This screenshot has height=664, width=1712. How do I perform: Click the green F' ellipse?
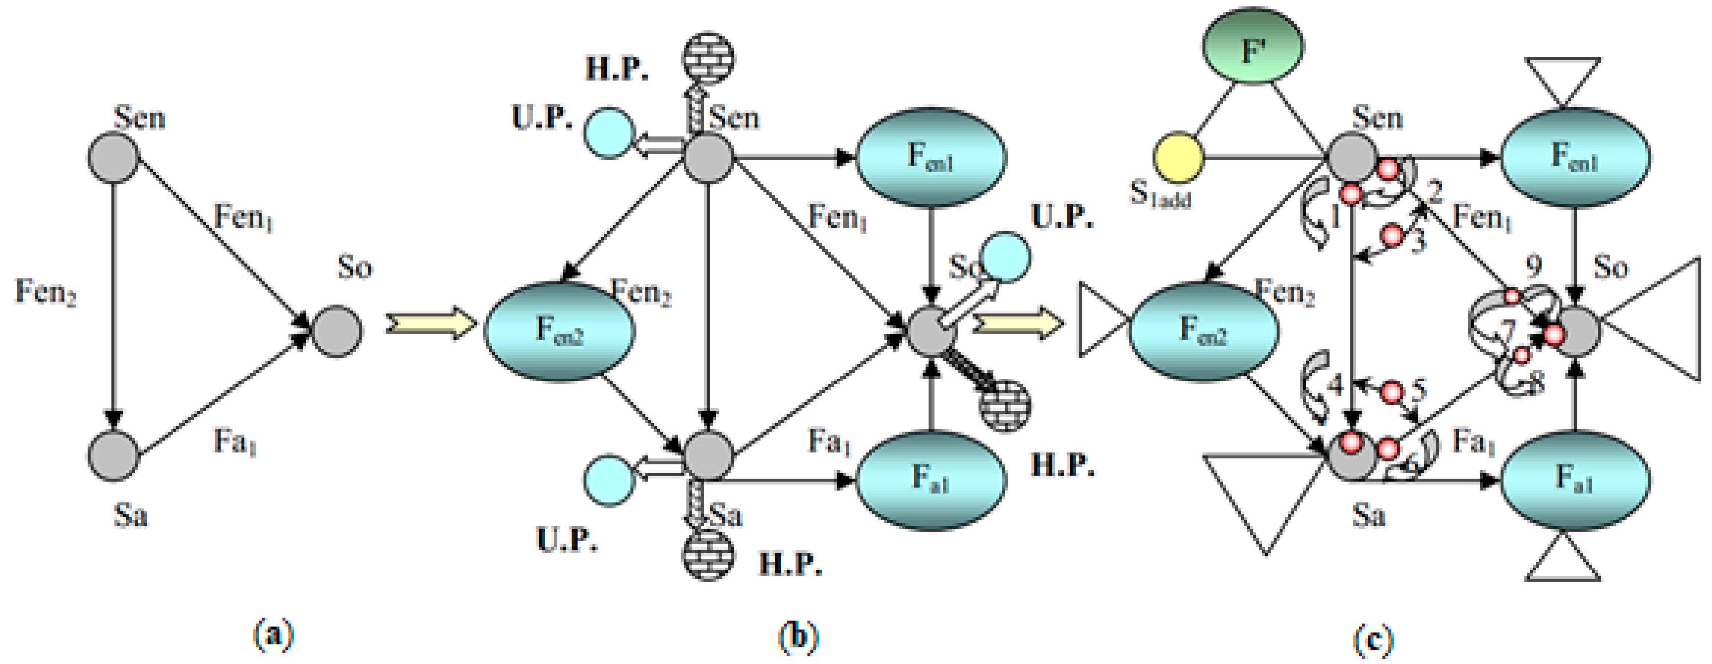[1253, 47]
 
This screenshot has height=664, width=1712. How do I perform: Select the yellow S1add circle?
[1178, 158]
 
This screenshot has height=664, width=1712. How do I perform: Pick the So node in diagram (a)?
[338, 331]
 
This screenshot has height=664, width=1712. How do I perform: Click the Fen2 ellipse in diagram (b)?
[559, 331]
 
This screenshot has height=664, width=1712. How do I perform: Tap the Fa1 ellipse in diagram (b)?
[931, 479]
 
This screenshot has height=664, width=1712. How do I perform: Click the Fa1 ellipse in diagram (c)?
[1575, 479]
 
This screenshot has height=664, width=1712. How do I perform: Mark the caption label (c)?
[1373, 640]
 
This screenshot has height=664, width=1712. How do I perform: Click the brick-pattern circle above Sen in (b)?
[708, 59]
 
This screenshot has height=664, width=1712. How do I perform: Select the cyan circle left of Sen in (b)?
[609, 133]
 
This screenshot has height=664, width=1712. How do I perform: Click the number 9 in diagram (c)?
[1533, 267]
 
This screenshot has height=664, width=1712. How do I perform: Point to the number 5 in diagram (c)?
[1418, 390]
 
